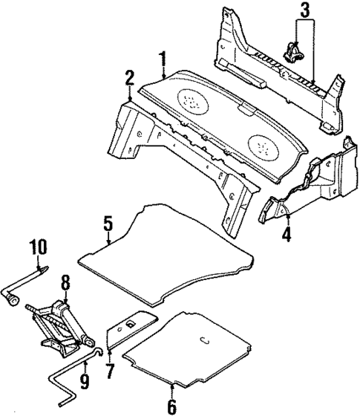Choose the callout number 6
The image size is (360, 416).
tap(172, 406)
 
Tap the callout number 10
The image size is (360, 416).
tap(36, 247)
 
